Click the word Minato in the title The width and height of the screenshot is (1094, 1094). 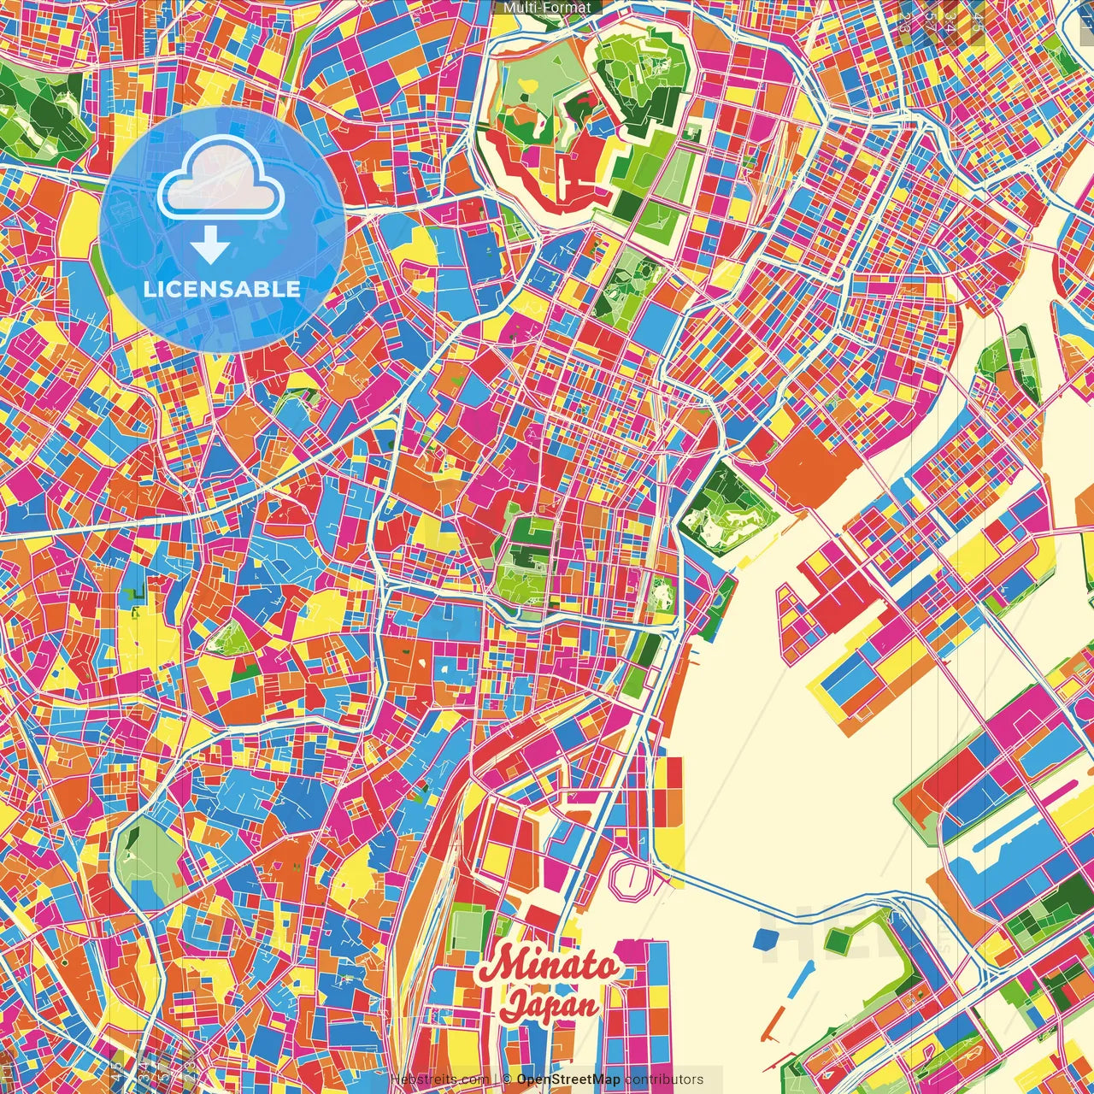point(547,965)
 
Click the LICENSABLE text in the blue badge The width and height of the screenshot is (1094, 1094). point(221,289)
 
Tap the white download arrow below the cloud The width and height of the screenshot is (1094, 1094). point(209,247)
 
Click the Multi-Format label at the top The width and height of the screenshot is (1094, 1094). point(547,8)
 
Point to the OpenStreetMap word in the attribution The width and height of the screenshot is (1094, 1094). point(568,1079)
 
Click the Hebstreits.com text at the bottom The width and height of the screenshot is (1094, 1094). point(439,1079)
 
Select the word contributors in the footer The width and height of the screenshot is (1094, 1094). point(664,1079)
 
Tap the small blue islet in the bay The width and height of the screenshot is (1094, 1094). point(764,939)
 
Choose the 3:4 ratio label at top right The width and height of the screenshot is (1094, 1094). point(949,19)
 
